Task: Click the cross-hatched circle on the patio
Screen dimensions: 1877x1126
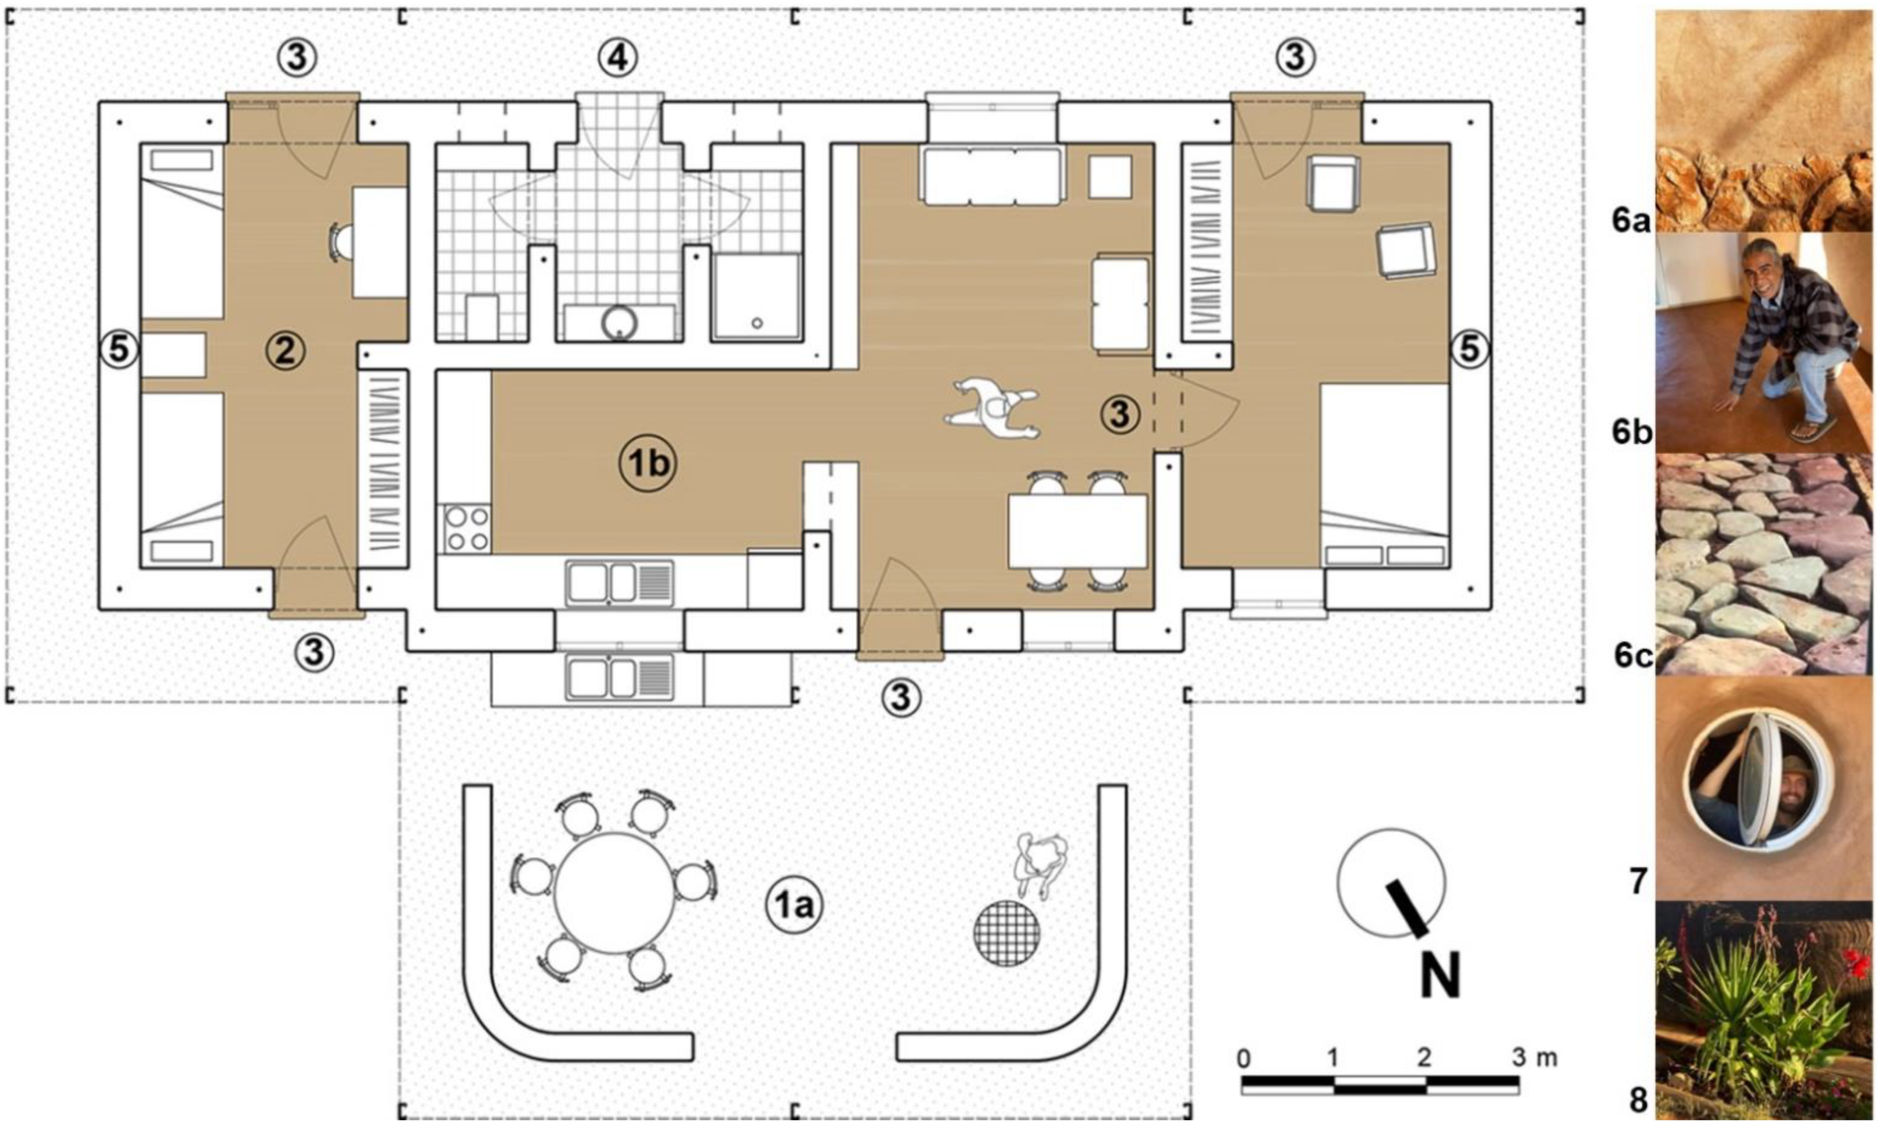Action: [1007, 933]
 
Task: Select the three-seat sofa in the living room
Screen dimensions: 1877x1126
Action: [992, 176]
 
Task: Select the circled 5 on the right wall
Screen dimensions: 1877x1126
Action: [1471, 350]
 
